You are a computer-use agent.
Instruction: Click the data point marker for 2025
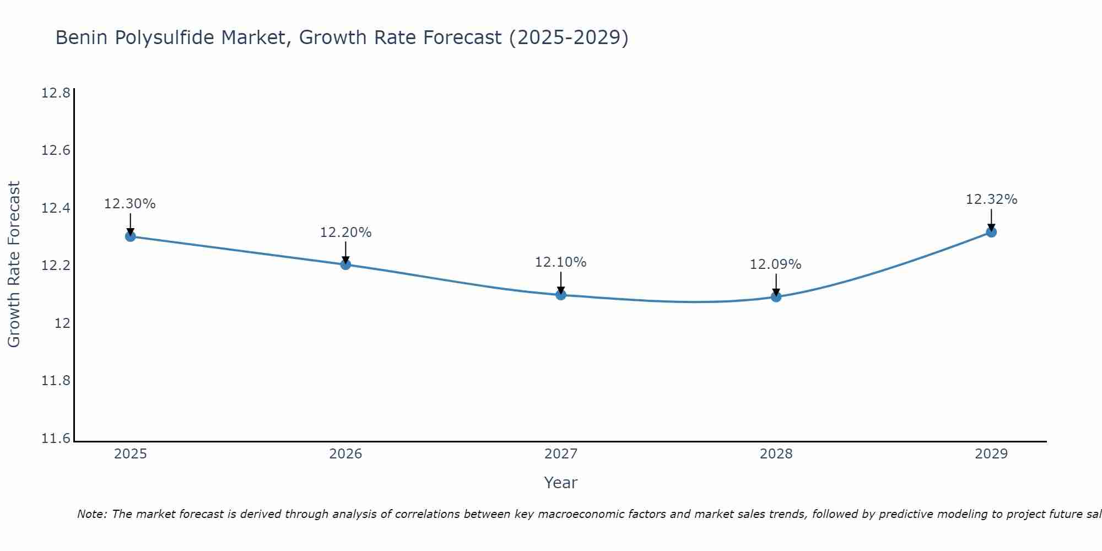coord(130,236)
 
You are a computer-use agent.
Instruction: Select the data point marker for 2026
coord(345,264)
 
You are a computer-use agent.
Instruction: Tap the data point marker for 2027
coord(560,295)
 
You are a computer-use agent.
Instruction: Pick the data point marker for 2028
coord(776,297)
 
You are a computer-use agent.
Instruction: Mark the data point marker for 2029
coord(991,232)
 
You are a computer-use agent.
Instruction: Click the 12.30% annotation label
coord(130,204)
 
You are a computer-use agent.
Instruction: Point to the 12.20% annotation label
coord(345,233)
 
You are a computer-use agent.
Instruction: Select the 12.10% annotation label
coord(560,262)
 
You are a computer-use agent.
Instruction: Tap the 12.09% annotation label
coord(775,264)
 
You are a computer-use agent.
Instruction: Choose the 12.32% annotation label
coord(991,199)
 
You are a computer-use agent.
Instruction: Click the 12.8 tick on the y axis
coord(56,93)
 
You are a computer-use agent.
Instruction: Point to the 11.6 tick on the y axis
coord(56,439)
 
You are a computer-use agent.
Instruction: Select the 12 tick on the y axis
coord(62,323)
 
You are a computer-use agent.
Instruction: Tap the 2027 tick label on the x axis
coord(560,454)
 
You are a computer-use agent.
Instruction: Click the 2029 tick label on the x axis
coord(991,454)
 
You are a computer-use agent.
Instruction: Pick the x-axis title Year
coord(560,483)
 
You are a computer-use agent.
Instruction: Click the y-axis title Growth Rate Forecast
coord(14,264)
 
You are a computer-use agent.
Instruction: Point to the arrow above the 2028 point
coord(776,284)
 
